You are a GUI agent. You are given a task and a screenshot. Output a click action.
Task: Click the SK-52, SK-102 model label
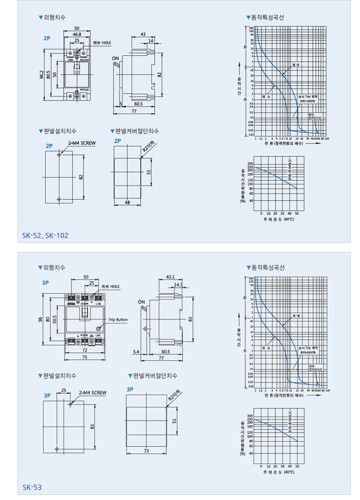[45, 236]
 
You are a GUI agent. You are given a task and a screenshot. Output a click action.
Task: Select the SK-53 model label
[32, 487]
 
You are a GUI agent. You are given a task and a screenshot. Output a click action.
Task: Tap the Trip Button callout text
[118, 319]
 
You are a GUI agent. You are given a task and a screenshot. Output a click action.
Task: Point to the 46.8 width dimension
[77, 34]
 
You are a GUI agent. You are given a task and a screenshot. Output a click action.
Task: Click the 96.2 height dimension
[41, 75]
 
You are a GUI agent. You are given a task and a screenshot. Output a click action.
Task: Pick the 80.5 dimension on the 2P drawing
[48, 75]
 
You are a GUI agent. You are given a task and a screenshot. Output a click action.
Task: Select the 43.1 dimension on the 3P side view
[169, 277]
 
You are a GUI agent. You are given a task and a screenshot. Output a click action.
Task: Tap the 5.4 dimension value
[136, 351]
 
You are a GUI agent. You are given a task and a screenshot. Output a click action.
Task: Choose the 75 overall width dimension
[85, 357]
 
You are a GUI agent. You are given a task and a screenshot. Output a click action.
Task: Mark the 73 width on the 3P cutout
[146, 451]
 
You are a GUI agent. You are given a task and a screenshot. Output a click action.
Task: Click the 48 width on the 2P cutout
[127, 202]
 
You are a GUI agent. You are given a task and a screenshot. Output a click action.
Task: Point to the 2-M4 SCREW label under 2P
[82, 143]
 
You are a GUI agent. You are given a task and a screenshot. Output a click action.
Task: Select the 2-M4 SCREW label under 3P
[92, 393]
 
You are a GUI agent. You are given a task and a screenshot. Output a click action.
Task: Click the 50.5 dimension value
[54, 319]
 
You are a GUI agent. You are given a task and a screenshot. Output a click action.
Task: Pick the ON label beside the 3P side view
[141, 302]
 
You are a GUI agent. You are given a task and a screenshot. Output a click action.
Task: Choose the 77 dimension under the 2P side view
[134, 111]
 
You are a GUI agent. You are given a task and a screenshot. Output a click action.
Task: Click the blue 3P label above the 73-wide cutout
[130, 389]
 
